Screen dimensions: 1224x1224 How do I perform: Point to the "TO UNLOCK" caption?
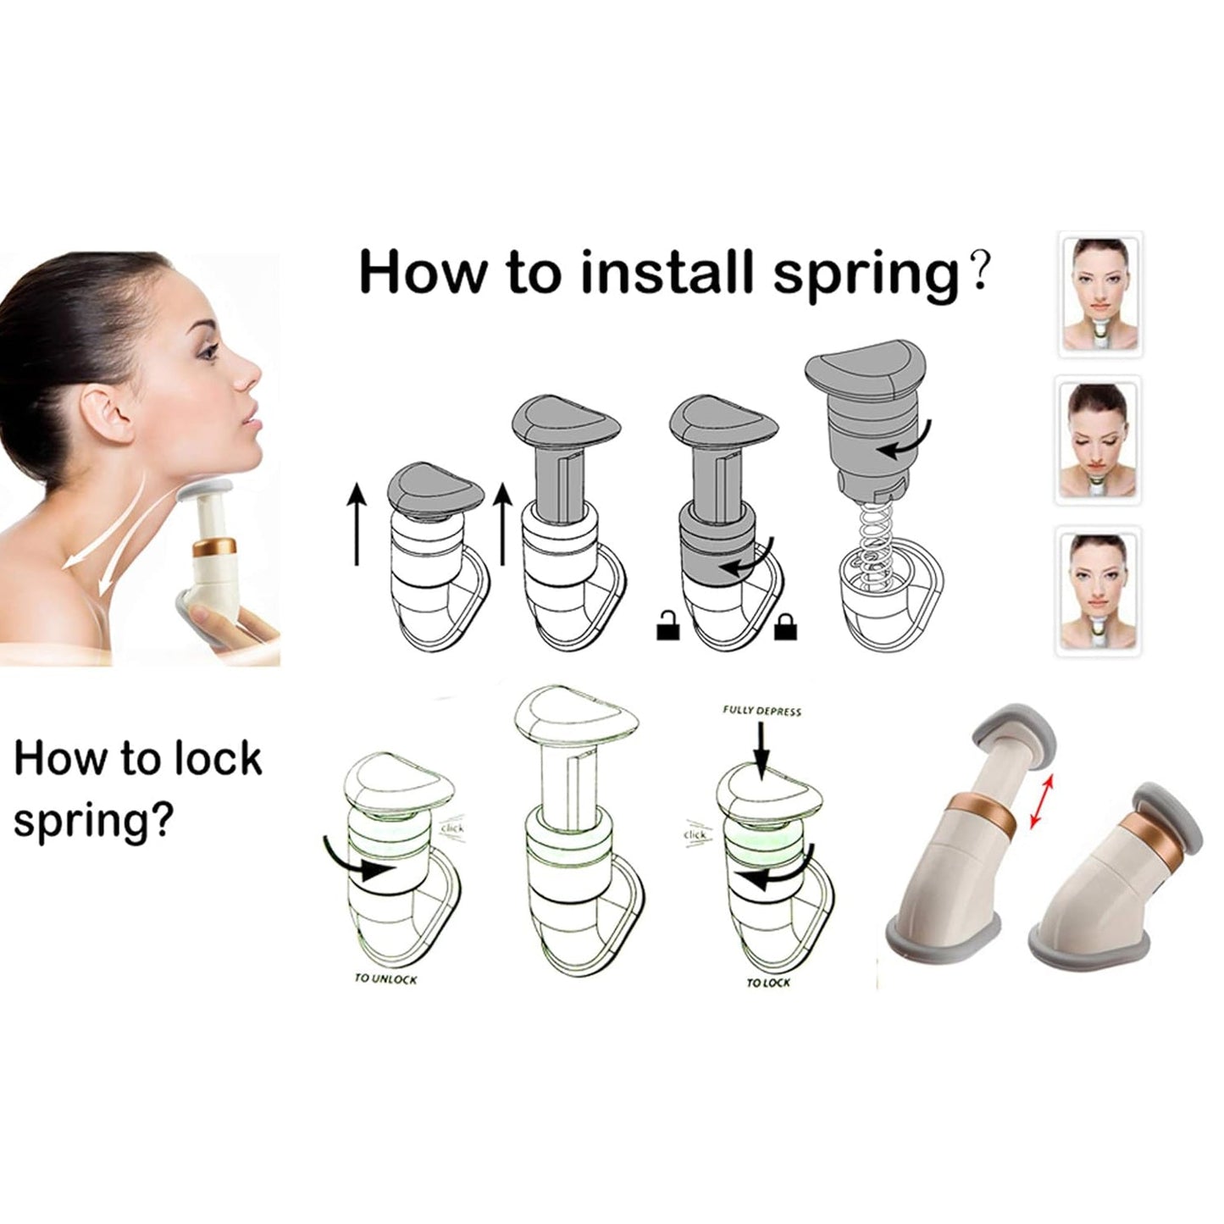pyautogui.click(x=385, y=979)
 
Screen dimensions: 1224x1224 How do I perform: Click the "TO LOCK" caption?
pyautogui.click(x=768, y=982)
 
